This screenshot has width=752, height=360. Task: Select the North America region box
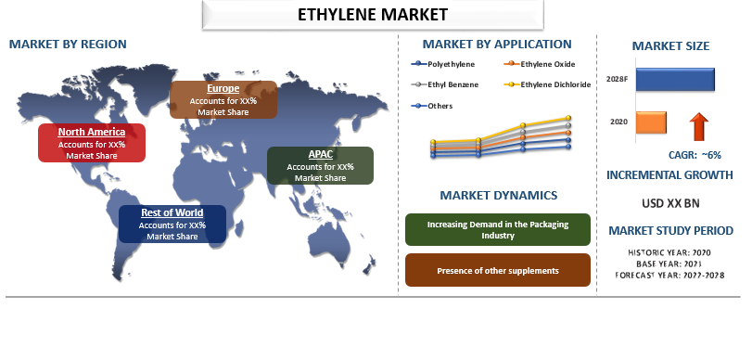[x=92, y=143]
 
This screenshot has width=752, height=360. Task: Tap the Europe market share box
[x=223, y=100]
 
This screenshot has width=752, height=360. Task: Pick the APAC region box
[x=320, y=165]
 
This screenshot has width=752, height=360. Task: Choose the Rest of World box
[x=172, y=225]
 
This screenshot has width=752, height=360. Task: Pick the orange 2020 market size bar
[x=652, y=122]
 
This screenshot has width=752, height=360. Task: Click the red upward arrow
[x=700, y=124]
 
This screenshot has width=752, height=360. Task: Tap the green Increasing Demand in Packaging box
[x=498, y=230]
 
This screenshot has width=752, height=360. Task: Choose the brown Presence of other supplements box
[x=498, y=270]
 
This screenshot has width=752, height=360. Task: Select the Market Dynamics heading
[x=498, y=196]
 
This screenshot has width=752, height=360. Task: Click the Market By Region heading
[x=68, y=44]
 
